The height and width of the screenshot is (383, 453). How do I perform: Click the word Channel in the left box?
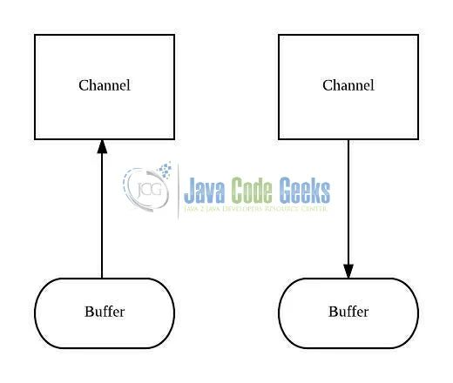[x=105, y=85]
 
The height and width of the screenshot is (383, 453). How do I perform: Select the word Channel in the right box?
[x=348, y=85]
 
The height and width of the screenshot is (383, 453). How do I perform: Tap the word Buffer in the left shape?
[x=105, y=312]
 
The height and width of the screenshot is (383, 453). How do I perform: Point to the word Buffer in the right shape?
[x=348, y=312]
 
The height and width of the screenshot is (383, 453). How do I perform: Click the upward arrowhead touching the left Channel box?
[x=103, y=146]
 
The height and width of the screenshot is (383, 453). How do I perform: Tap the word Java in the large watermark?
[x=205, y=189]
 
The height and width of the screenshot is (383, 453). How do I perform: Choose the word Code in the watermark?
[x=254, y=189]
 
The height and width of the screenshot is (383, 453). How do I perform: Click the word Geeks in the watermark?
[x=305, y=189]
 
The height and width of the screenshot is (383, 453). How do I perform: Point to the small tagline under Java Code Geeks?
[x=257, y=210]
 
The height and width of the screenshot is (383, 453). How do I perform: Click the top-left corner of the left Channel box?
[x=35, y=35]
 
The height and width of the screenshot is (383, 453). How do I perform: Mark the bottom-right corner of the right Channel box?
[x=418, y=139]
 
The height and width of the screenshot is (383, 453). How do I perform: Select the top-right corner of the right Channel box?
[x=418, y=35]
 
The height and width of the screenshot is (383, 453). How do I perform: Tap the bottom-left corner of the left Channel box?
[x=35, y=139]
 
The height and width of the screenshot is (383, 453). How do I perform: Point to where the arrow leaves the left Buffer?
[x=103, y=279]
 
